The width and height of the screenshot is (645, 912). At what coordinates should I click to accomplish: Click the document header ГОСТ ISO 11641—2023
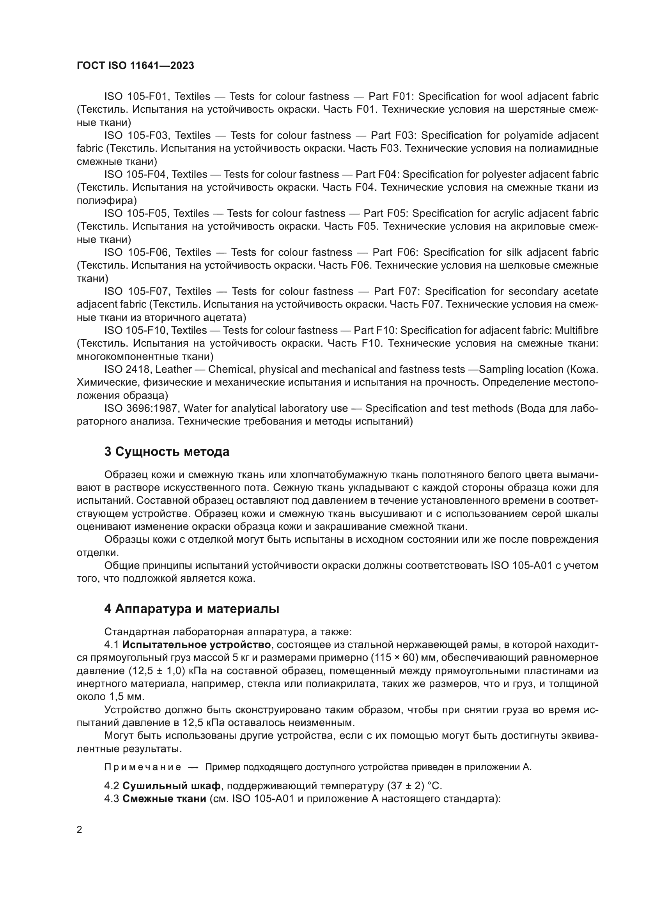[x=135, y=66]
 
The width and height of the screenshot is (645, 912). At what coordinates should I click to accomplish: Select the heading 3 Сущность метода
[x=167, y=452]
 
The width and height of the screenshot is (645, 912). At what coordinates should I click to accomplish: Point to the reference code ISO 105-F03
[x=137, y=135]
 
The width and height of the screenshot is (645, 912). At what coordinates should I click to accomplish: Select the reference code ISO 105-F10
[x=136, y=331]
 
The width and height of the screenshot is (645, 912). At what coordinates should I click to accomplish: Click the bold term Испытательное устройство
[x=197, y=645]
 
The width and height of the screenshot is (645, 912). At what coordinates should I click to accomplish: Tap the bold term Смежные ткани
[x=164, y=799]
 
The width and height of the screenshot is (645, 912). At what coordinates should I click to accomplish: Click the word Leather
[x=174, y=369]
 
